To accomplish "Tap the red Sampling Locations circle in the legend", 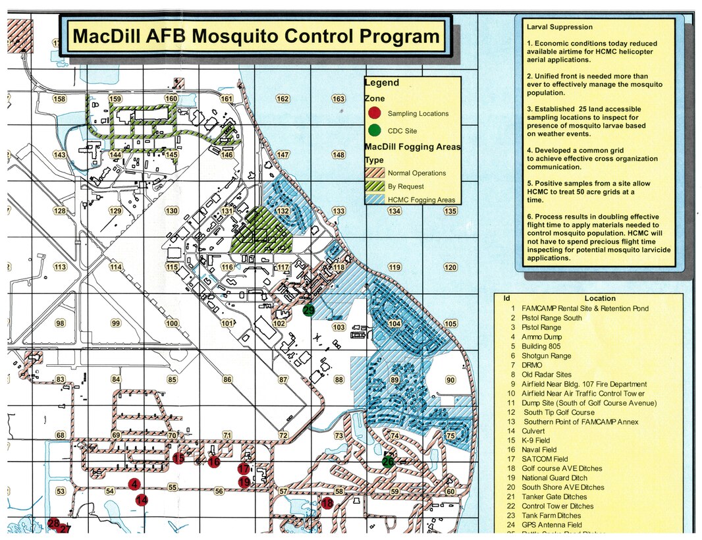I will coord(375,113).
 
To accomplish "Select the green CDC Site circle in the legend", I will coord(375,130).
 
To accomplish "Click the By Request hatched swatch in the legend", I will coord(375,186).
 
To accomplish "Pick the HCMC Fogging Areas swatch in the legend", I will coord(375,200).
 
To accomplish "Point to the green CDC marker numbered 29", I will coord(308,310).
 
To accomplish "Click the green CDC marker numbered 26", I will coord(388,462).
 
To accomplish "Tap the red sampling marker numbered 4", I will coord(135,485).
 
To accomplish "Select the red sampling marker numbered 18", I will coord(327,504).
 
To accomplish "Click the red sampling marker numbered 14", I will coord(142,500).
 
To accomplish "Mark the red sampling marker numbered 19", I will coord(244,482).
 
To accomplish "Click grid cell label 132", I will coord(283,211).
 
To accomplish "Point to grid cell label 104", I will coord(394,324).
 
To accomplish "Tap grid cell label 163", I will coord(338,99).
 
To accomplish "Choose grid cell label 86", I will coord(227,379).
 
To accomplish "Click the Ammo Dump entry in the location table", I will coord(541,337).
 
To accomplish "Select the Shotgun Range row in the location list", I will coord(546,356).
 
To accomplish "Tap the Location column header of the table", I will coord(599,298).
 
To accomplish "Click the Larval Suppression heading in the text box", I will coord(559,27).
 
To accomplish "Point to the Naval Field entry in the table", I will coord(539,450).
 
